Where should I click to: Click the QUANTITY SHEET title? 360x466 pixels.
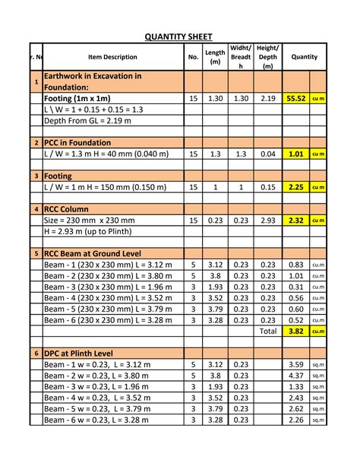179,36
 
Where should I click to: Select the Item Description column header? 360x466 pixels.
112,57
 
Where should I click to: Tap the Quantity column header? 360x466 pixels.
304,57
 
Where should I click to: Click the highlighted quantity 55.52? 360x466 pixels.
295,99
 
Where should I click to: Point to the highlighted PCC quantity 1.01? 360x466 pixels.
295,154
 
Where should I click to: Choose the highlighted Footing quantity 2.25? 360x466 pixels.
295,187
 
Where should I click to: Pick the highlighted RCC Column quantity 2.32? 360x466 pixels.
295,220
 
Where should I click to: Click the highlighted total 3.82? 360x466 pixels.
295,331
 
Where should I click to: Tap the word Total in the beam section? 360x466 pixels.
267,331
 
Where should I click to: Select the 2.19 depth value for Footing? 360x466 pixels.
267,99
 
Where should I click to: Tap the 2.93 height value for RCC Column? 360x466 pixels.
267,220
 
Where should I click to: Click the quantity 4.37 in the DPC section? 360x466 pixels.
296,376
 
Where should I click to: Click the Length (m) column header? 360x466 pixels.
215,57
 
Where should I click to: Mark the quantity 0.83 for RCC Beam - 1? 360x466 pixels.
296,265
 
